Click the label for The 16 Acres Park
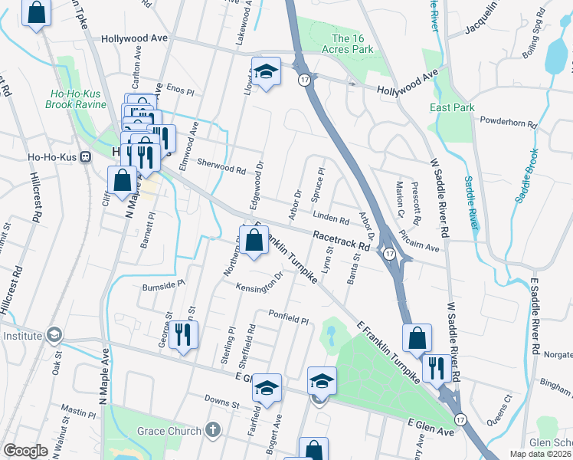click(x=352, y=44)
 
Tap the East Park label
click(x=450, y=107)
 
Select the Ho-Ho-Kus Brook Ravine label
click(x=78, y=99)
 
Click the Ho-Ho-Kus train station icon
click(x=86, y=156)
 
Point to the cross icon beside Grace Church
click(x=212, y=431)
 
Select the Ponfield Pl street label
click(x=287, y=317)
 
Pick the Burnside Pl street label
click(x=164, y=285)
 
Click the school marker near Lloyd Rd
click(x=266, y=72)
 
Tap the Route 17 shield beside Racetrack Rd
click(x=389, y=254)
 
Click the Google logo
click(x=25, y=451)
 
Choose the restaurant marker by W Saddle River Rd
click(x=437, y=368)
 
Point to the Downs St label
click(x=222, y=399)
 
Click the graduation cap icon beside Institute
click(x=54, y=335)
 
